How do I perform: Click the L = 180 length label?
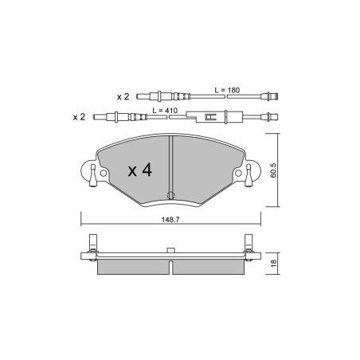[x=227, y=90]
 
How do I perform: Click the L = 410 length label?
[x=165, y=111]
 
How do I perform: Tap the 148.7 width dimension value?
[x=170, y=220]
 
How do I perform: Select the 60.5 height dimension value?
[x=273, y=170]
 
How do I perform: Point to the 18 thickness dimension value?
[x=273, y=263]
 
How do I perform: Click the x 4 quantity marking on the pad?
[x=140, y=170]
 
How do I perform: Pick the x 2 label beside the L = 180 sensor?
[x=123, y=96]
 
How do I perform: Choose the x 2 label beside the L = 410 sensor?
[x=79, y=117]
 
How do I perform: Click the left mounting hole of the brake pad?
[x=104, y=174]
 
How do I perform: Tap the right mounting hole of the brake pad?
[x=238, y=174]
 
